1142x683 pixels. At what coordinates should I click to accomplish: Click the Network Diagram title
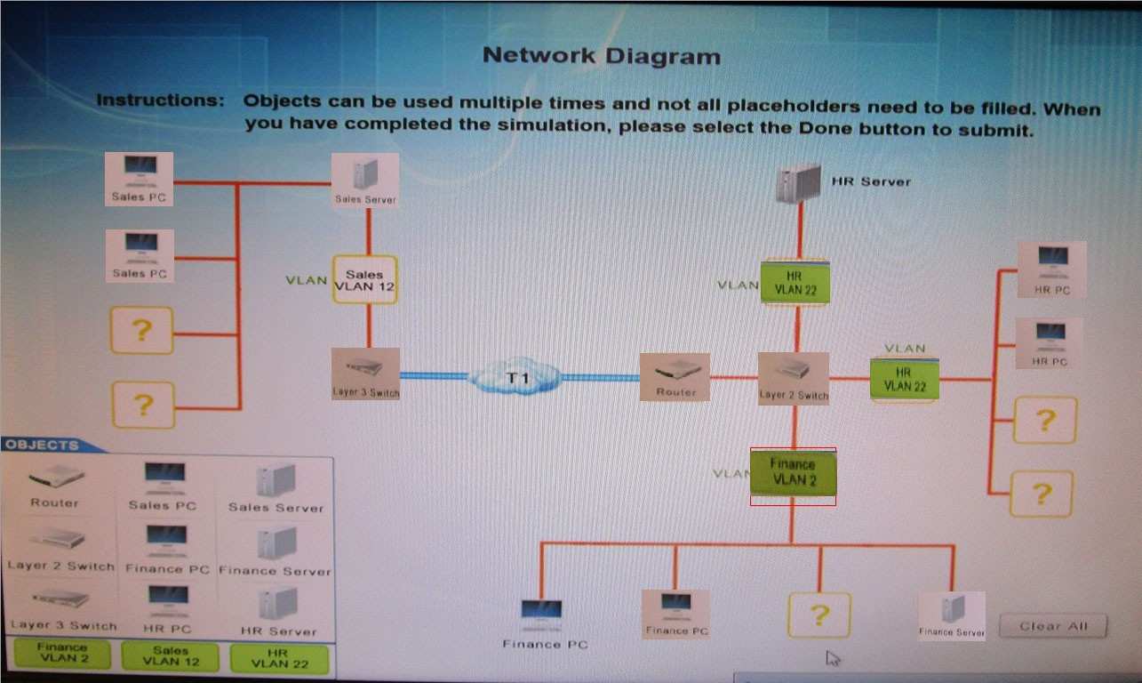tap(601, 56)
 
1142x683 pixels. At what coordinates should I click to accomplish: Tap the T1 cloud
tap(516, 377)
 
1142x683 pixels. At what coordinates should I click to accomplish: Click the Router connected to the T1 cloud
tap(675, 376)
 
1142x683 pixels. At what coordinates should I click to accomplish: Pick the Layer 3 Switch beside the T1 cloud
tap(365, 374)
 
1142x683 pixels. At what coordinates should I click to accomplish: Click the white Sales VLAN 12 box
tap(364, 280)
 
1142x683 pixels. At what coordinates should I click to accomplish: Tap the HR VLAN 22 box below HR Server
tap(795, 283)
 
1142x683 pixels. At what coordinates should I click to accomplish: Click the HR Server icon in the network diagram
tap(796, 184)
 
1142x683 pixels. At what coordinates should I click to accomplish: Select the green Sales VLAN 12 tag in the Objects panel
tap(171, 655)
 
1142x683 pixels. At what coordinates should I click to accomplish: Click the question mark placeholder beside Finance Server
tap(819, 615)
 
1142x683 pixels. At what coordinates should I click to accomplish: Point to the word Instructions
tap(160, 100)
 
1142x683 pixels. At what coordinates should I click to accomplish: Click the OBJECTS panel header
tap(43, 445)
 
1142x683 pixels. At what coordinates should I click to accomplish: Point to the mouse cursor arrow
tap(833, 658)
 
